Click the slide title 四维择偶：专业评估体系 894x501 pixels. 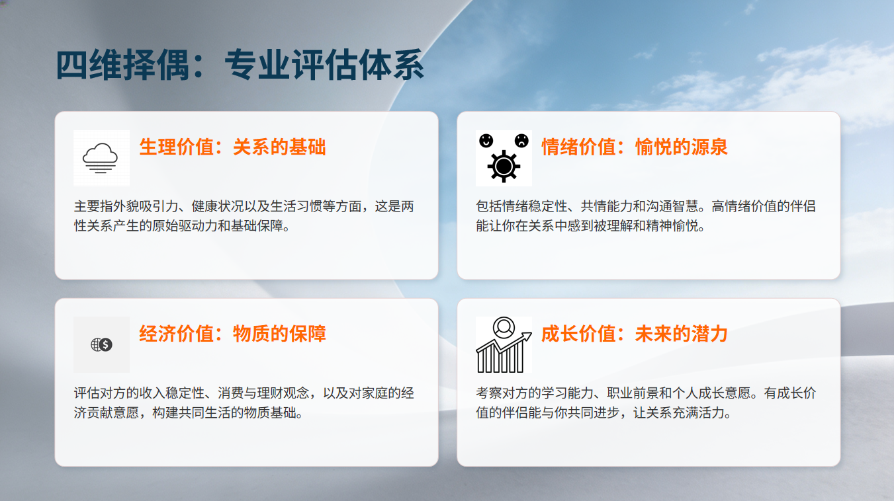[x=240, y=65]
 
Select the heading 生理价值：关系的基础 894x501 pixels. [x=232, y=147]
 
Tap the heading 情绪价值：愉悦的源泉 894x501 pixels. [x=634, y=147]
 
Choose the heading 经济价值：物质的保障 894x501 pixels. [x=232, y=334]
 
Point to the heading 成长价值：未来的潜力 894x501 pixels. [x=634, y=334]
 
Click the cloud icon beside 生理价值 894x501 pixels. [x=100, y=158]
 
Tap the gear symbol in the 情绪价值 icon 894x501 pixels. [x=504, y=167]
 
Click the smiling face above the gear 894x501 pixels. [x=486, y=141]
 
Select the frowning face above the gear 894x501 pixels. [x=521, y=141]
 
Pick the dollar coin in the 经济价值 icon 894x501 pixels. [x=106, y=345]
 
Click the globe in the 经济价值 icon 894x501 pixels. [x=96, y=345]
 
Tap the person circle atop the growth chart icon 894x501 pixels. [x=504, y=328]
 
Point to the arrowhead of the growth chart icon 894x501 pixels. [x=527, y=336]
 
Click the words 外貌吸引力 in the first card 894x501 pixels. [x=139, y=206]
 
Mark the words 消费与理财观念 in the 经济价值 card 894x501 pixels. [x=263, y=393]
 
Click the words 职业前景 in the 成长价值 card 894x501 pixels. [x=633, y=393]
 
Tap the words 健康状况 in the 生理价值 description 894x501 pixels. [x=217, y=206]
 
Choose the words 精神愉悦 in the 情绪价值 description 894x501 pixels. [x=672, y=226]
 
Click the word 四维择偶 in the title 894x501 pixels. [x=122, y=65]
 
